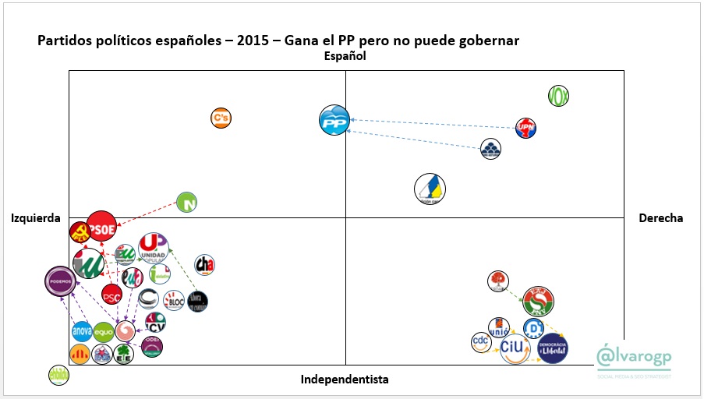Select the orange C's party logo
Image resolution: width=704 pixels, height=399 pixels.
tap(221, 118)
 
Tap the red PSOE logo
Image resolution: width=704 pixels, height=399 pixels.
tap(101, 228)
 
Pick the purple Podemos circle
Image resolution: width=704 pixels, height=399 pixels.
tap(61, 281)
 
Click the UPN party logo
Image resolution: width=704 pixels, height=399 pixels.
tap(526, 129)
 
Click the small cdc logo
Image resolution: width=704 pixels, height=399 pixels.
tap(482, 341)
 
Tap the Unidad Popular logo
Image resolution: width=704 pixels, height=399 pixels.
tap(153, 248)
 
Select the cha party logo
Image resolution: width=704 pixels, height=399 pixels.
tap(205, 265)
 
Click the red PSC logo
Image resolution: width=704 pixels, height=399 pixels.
tap(111, 295)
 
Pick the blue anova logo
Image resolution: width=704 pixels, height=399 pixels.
tap(82, 331)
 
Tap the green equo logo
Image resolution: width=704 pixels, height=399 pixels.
tap(104, 332)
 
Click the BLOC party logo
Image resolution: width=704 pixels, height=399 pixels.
tap(173, 300)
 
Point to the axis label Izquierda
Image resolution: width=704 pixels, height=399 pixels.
tap(36, 218)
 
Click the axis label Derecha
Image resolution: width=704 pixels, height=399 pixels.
tap(660, 218)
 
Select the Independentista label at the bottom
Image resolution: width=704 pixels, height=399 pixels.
tap(344, 380)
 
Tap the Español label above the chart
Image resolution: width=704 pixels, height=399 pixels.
tap(345, 56)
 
